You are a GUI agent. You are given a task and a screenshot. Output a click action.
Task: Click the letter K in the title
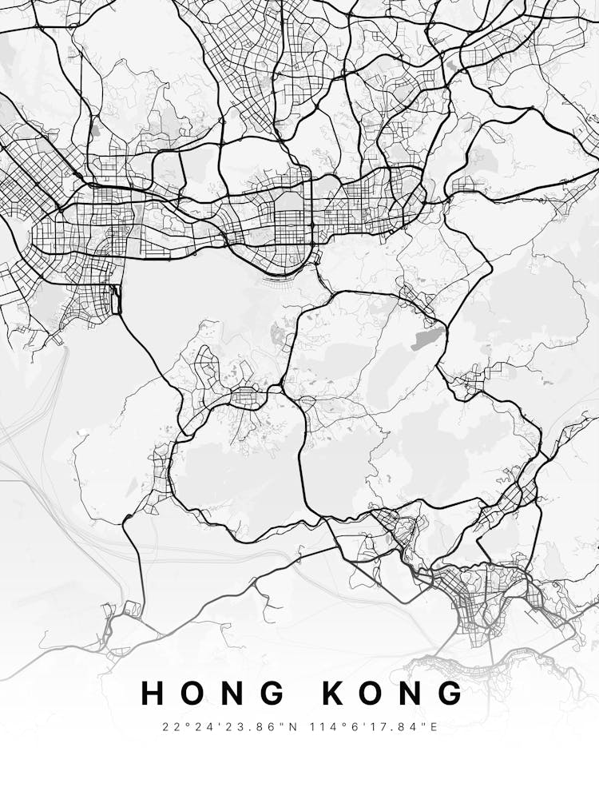[335, 694]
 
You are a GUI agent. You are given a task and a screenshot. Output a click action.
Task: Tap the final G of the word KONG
[453, 694]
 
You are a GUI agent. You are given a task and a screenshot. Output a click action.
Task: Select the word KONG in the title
[394, 694]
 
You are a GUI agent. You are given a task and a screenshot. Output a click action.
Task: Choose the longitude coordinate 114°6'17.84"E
[371, 727]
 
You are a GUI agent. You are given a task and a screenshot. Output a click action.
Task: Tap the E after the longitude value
[434, 727]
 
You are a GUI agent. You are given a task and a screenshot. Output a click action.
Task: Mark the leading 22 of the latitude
[169, 727]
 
